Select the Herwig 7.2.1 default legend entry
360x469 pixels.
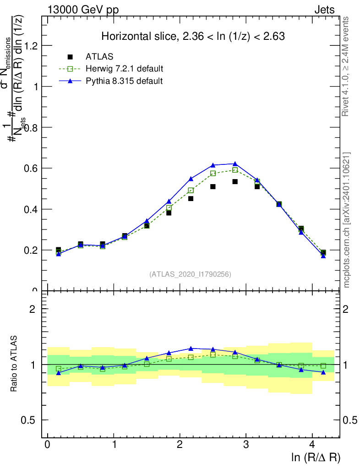[x=124, y=69]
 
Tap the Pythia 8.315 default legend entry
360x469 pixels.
[x=124, y=81]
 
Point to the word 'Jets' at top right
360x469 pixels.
[x=324, y=10]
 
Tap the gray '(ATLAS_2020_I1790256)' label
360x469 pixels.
[x=190, y=274]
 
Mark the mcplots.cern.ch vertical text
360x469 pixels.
[x=347, y=220]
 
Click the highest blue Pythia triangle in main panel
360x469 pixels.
[x=235, y=164]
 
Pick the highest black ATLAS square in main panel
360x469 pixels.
[x=235, y=181]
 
